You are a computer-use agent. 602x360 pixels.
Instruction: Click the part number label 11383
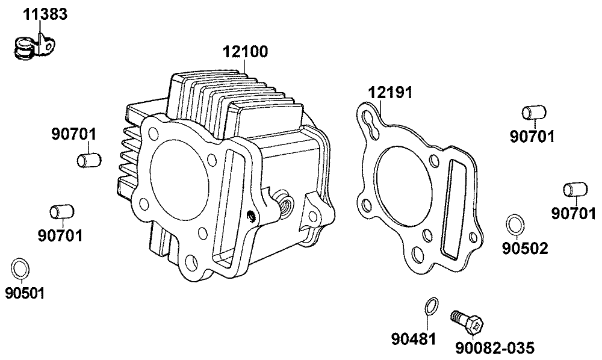pyautogui.click(x=45, y=14)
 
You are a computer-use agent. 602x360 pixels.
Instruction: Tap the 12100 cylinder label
pyautogui.click(x=246, y=51)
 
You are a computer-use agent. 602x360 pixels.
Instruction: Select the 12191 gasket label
pyautogui.click(x=390, y=93)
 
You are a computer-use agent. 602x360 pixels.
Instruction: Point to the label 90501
pyautogui.click(x=25, y=293)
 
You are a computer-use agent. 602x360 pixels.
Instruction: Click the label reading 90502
pyautogui.click(x=525, y=249)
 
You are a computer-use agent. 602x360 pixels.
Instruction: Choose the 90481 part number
pyautogui.click(x=414, y=339)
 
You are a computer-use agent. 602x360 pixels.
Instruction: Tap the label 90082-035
pyautogui.click(x=494, y=348)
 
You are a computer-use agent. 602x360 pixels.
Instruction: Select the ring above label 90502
pyautogui.click(x=515, y=225)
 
